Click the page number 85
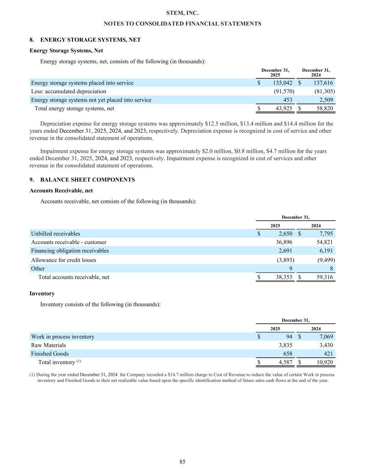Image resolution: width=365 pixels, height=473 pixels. pyautogui.click(x=182, y=462)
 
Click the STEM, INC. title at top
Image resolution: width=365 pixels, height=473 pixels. pyautogui.click(x=182, y=13)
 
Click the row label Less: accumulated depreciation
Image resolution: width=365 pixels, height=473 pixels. pyautogui.click(x=69, y=91)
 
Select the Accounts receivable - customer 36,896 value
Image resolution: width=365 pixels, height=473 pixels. pyautogui.click(x=284, y=242)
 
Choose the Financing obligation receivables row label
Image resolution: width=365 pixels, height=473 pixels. pyautogui.click(x=70, y=251)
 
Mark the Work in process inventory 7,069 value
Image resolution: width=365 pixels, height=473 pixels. pyautogui.click(x=326, y=337)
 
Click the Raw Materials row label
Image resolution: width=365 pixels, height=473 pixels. pyautogui.click(x=48, y=345)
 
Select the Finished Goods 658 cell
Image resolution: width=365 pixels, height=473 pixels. pyautogui.click(x=288, y=354)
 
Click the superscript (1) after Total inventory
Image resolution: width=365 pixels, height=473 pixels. pyautogui.click(x=79, y=361)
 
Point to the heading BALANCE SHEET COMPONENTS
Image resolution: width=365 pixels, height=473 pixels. pyautogui.click(x=88, y=180)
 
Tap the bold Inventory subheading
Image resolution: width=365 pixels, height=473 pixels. pyautogui.click(x=42, y=294)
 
